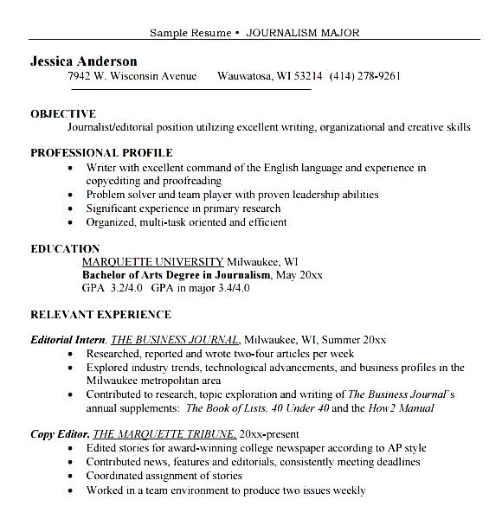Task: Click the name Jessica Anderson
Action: (83, 61)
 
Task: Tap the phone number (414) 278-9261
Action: (364, 76)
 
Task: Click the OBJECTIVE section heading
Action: (63, 113)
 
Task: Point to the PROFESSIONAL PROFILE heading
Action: (101, 153)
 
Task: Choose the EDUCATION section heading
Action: (65, 248)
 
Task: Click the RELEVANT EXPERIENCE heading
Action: (100, 314)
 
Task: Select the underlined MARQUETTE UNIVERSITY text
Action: (152, 261)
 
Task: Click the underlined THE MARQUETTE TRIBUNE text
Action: (164, 434)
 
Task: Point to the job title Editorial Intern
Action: (68, 340)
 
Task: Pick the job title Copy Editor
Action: (59, 434)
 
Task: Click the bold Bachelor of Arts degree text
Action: (175, 274)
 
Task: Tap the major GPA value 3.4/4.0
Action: (235, 287)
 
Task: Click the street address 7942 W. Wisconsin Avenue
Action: (132, 76)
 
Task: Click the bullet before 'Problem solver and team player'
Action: (69, 195)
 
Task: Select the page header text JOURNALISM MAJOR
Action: (302, 33)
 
